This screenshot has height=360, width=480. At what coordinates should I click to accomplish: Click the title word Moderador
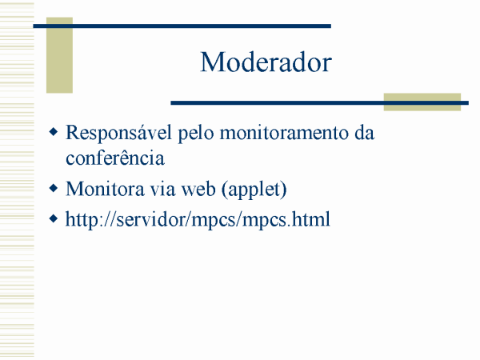[266, 62]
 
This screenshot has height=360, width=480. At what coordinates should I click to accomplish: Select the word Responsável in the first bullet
[118, 134]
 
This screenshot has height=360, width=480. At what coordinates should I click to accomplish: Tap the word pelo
[196, 134]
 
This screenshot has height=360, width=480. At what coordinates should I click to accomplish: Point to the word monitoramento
[284, 134]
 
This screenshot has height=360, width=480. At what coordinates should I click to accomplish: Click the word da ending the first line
[365, 133]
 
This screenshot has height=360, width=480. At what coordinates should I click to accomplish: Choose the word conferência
[115, 158]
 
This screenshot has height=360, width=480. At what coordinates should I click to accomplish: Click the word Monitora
[105, 189]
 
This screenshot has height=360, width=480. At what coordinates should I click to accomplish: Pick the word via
[163, 189]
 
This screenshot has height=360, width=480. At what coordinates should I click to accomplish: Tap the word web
[198, 189]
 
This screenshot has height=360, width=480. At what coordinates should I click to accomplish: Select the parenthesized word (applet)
[254, 190]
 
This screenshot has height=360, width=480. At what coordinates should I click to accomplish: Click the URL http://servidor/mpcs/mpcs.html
[198, 220]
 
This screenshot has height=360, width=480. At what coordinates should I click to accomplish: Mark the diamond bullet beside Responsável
[54, 132]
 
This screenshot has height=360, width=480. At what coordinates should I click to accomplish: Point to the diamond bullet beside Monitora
[54, 188]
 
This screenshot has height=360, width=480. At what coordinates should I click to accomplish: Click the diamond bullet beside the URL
[54, 219]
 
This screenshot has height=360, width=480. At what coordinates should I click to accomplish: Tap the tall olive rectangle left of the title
[59, 55]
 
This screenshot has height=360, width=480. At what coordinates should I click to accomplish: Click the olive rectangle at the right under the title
[422, 102]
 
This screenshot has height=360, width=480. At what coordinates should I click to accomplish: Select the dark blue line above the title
[182, 26]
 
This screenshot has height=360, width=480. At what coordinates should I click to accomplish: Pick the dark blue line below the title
[319, 103]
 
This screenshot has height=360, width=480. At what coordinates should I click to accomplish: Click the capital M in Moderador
[211, 62]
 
